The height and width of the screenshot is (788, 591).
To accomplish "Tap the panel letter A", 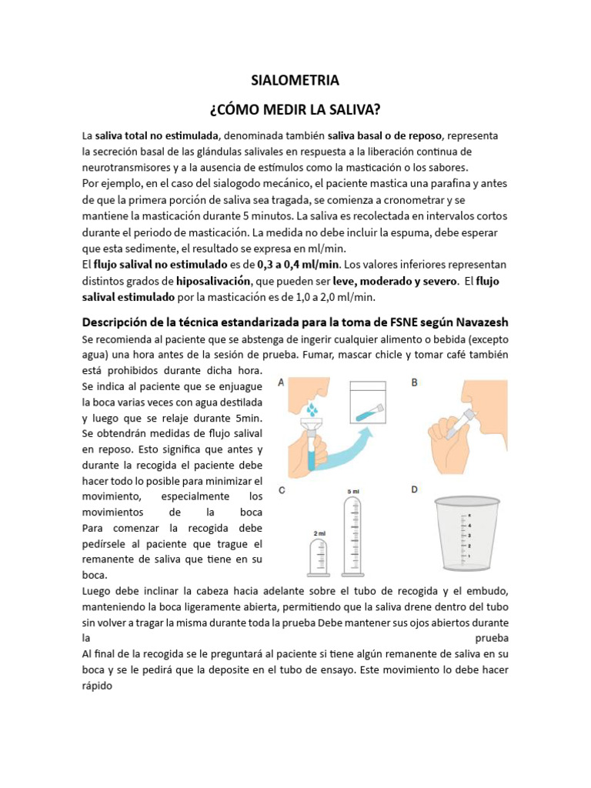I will [x=281, y=382].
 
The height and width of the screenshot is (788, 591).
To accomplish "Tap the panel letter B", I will [x=415, y=382].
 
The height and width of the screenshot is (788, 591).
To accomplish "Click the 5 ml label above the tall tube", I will [x=353, y=490].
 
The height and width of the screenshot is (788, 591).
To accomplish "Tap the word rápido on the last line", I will [x=97, y=687].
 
